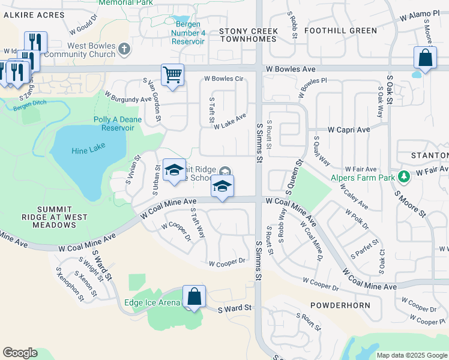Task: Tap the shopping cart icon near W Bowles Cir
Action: click(x=172, y=76)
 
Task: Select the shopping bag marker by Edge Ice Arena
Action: click(x=194, y=296)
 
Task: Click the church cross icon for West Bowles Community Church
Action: click(x=124, y=50)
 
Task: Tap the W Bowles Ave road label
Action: click(x=291, y=70)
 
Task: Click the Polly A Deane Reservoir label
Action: click(x=114, y=124)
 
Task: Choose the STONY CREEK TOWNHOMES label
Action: click(x=249, y=35)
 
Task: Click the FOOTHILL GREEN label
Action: click(x=340, y=31)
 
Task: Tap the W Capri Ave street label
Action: click(x=349, y=130)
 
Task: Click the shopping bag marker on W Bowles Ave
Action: click(x=425, y=58)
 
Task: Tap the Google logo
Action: click(x=20, y=353)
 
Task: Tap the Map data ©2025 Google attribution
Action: click(x=411, y=355)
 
